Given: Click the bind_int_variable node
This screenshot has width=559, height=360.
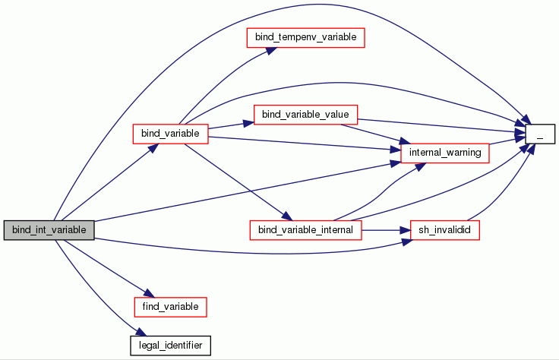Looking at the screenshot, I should coord(49,230).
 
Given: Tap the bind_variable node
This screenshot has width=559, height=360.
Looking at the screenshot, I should coord(170,134).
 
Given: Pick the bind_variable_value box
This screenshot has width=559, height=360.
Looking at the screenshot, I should coord(305,115).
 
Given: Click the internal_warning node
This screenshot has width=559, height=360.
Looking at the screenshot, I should coord(445,153).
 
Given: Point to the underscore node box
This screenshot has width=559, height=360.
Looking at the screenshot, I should coord(540,134).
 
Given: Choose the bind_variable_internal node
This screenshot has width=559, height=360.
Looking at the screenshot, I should coord(305,229).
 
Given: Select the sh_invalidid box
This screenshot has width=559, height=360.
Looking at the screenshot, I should coord(445,229).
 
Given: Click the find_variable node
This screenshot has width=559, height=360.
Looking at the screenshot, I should coord(170,306).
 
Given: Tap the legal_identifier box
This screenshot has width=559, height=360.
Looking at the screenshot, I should coord(170,344).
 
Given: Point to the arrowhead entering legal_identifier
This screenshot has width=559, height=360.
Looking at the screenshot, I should coord(138,333).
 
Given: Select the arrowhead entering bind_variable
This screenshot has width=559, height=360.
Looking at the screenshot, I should coord(152,147).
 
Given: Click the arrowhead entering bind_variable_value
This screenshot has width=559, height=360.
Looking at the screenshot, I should coord(250,121).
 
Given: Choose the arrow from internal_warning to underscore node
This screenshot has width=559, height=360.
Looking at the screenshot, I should coord(507,141).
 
